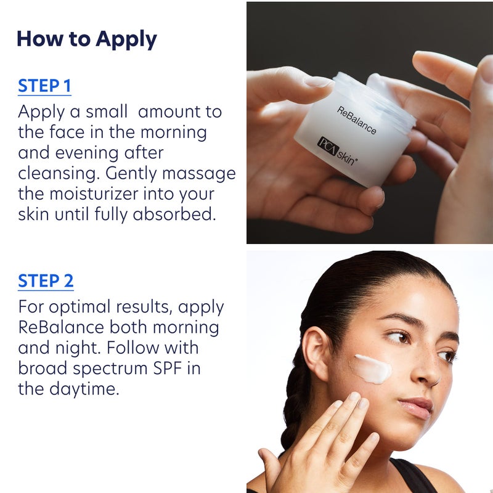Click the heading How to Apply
point(86,39)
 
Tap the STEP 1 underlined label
point(44,86)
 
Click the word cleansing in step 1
point(57,173)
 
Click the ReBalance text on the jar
point(356,121)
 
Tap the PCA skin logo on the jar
point(337,151)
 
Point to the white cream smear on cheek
point(373,368)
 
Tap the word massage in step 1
point(200,173)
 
